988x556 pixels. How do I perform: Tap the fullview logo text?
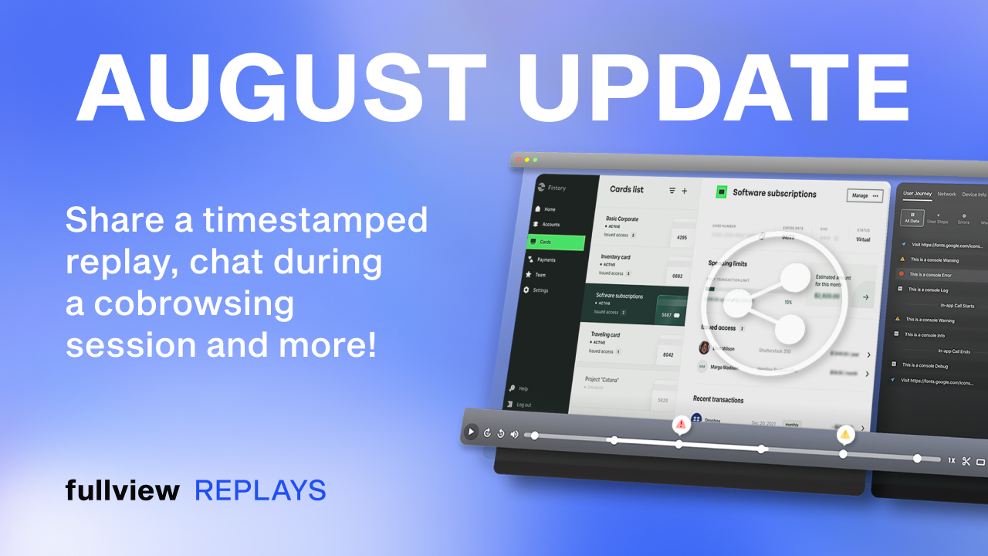pyautogui.click(x=122, y=490)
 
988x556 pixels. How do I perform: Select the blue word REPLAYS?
pyautogui.click(x=260, y=490)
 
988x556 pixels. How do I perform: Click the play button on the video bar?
pyautogui.click(x=471, y=432)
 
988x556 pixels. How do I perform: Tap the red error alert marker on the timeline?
pyautogui.click(x=681, y=424)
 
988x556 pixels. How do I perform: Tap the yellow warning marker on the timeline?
pyautogui.click(x=845, y=434)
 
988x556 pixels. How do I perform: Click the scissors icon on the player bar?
pyautogui.click(x=966, y=461)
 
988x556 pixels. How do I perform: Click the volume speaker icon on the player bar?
pyautogui.click(x=514, y=434)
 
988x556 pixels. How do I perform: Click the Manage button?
pyautogui.click(x=864, y=196)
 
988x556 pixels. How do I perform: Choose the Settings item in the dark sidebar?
pyautogui.click(x=540, y=290)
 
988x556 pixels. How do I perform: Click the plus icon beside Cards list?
pyautogui.click(x=684, y=191)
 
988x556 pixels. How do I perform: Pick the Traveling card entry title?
pyautogui.click(x=606, y=334)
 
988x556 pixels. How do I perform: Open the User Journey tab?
pyautogui.click(x=917, y=194)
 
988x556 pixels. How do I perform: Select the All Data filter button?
pyautogui.click(x=912, y=219)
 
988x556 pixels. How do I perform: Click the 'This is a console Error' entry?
pyautogui.click(x=929, y=274)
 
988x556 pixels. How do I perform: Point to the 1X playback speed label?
pyautogui.click(x=952, y=460)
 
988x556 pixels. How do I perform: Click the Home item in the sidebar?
pyautogui.click(x=549, y=209)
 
